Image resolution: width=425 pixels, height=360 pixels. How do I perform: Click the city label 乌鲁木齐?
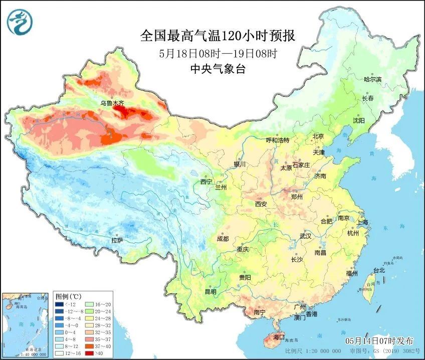[x=111, y=103]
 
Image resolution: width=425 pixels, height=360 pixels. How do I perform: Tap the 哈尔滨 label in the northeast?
[x=372, y=79]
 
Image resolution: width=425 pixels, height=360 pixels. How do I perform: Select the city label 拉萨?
[x=117, y=241]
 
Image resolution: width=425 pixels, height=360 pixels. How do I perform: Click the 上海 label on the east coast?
[x=362, y=222]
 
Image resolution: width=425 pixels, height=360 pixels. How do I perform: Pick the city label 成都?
[x=223, y=239]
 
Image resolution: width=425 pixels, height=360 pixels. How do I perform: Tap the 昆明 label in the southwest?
[x=210, y=291]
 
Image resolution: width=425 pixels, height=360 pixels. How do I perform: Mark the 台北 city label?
[x=379, y=270]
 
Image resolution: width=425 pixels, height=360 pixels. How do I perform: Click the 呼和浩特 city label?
[x=277, y=140]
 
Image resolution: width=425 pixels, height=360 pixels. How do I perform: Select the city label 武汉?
[x=305, y=236]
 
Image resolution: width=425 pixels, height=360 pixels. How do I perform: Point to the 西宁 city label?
[x=206, y=181]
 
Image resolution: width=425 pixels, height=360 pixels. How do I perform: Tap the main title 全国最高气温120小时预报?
[x=217, y=36]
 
